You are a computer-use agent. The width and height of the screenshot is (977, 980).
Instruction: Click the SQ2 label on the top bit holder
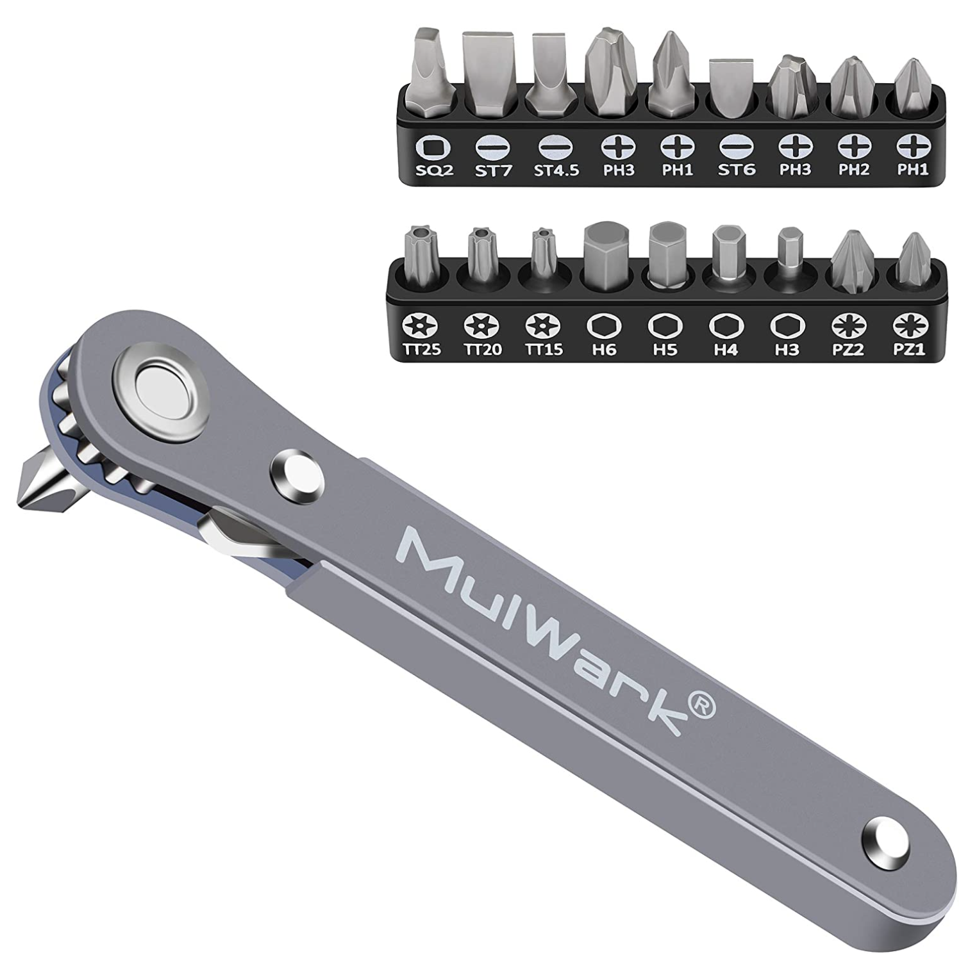435,170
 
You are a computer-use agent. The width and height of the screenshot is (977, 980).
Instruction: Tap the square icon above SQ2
433,148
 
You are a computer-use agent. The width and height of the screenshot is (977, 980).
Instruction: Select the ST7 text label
494,170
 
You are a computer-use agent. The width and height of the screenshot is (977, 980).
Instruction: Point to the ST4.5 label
556,170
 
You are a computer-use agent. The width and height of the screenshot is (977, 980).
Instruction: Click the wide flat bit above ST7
489,74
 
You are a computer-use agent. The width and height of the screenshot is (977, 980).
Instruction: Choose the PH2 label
854,170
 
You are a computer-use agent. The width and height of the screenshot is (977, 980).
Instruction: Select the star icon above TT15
542,326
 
